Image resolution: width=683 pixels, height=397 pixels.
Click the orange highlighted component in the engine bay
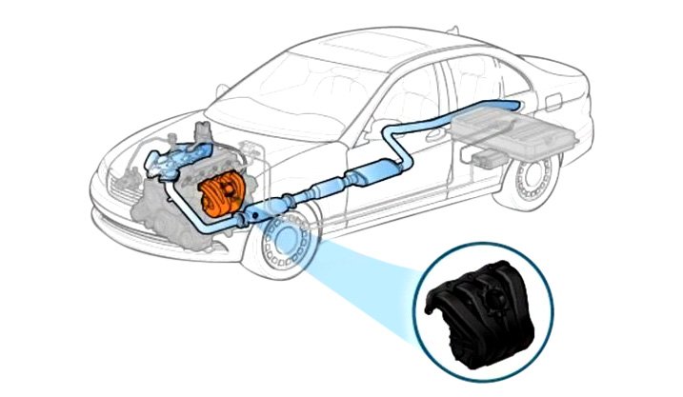click(x=221, y=194)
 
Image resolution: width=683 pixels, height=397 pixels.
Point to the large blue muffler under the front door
click(x=370, y=173)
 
